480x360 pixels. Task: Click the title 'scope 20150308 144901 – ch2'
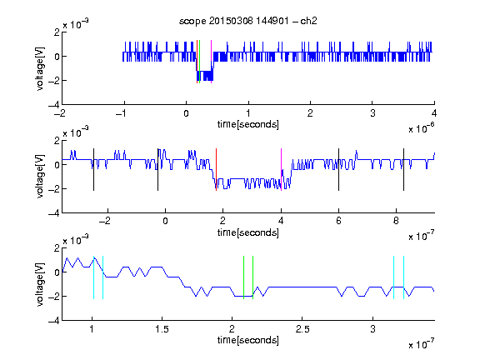click(x=248, y=21)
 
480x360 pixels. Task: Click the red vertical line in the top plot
click(x=197, y=62)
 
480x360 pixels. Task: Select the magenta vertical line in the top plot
click(x=211, y=62)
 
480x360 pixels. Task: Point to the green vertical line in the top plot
click(x=200, y=62)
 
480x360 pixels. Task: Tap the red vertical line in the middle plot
click(x=216, y=170)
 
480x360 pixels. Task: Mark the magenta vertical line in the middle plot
click(x=281, y=170)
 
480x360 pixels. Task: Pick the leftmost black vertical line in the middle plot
click(x=93, y=170)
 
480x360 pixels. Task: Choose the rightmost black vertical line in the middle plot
click(x=403, y=170)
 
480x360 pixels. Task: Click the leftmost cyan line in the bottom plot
click(x=93, y=277)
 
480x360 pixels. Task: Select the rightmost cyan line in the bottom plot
click(x=404, y=277)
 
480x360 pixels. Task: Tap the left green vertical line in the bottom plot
click(x=243, y=277)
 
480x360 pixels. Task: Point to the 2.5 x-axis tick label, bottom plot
click(x=302, y=329)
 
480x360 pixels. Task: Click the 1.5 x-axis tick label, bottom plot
click(x=162, y=329)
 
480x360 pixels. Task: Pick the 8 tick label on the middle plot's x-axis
click(x=396, y=221)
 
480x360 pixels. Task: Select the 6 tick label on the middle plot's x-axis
click(x=338, y=221)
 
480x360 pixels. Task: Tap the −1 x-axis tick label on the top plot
click(x=121, y=113)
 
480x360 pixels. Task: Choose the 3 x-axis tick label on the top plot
click(x=372, y=113)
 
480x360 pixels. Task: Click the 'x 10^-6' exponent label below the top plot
click(x=422, y=127)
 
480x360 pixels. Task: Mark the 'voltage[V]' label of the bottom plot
click(x=40, y=284)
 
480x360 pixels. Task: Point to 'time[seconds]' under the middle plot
click(x=248, y=232)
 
